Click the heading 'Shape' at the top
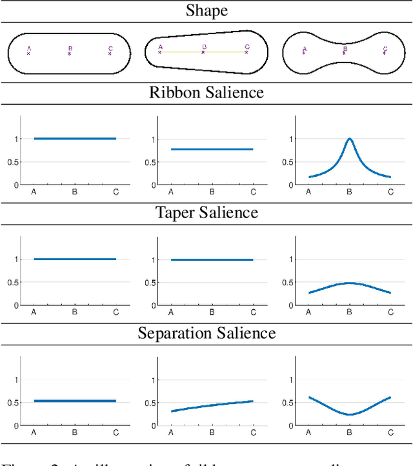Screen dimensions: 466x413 pyautogui.click(x=206, y=10)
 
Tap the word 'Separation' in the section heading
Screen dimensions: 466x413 pyautogui.click(x=174, y=333)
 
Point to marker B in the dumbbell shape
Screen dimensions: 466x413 pyautogui.click(x=345, y=52)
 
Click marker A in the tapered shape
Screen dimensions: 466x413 pyautogui.click(x=160, y=51)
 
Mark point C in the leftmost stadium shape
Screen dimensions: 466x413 pyautogui.click(x=110, y=52)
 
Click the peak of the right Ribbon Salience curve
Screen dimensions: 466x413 pyautogui.click(x=349, y=139)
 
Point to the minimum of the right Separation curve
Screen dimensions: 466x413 pyautogui.click(x=349, y=414)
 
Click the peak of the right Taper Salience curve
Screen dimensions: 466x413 pyautogui.click(x=349, y=283)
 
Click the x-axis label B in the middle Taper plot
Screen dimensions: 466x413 pyautogui.click(x=212, y=312)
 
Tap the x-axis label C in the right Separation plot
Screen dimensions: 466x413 pyautogui.click(x=390, y=433)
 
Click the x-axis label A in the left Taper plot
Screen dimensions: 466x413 pyautogui.click(x=34, y=312)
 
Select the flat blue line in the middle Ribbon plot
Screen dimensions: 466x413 pyautogui.click(x=212, y=149)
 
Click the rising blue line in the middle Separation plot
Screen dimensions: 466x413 pyautogui.click(x=212, y=405)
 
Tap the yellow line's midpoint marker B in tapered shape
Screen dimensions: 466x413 pyautogui.click(x=204, y=52)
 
